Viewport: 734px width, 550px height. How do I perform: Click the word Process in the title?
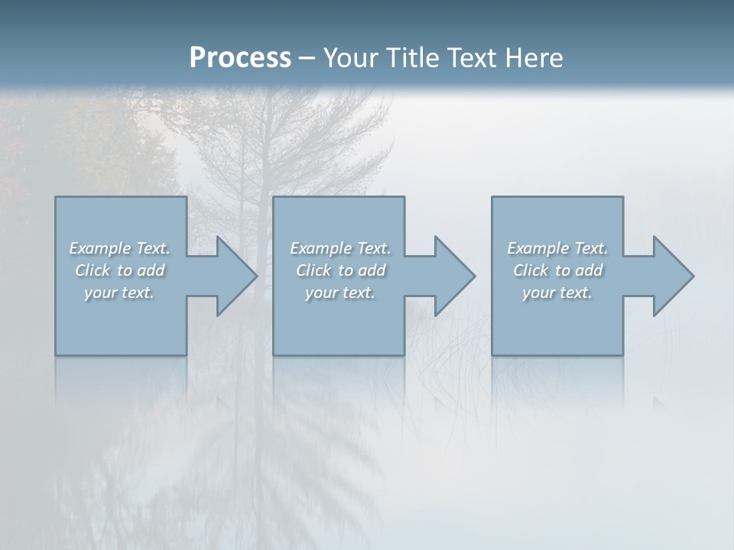coord(240,58)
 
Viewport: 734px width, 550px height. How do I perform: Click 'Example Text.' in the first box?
coord(119,248)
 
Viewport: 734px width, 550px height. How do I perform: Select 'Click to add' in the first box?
coord(119,270)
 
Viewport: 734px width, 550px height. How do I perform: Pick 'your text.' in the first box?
coord(119,293)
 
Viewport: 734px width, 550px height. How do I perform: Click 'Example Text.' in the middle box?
coord(339,248)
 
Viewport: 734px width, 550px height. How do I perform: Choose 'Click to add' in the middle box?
coord(339,270)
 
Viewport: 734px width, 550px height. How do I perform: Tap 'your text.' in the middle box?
coord(339,293)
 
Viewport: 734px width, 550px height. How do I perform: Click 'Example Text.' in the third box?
coord(557,248)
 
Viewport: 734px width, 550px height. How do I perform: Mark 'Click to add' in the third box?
coord(557,270)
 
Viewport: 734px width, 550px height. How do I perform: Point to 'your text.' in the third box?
coord(557,293)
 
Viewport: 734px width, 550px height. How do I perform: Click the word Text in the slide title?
coord(469,58)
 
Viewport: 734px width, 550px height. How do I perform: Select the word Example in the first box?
coord(100,248)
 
